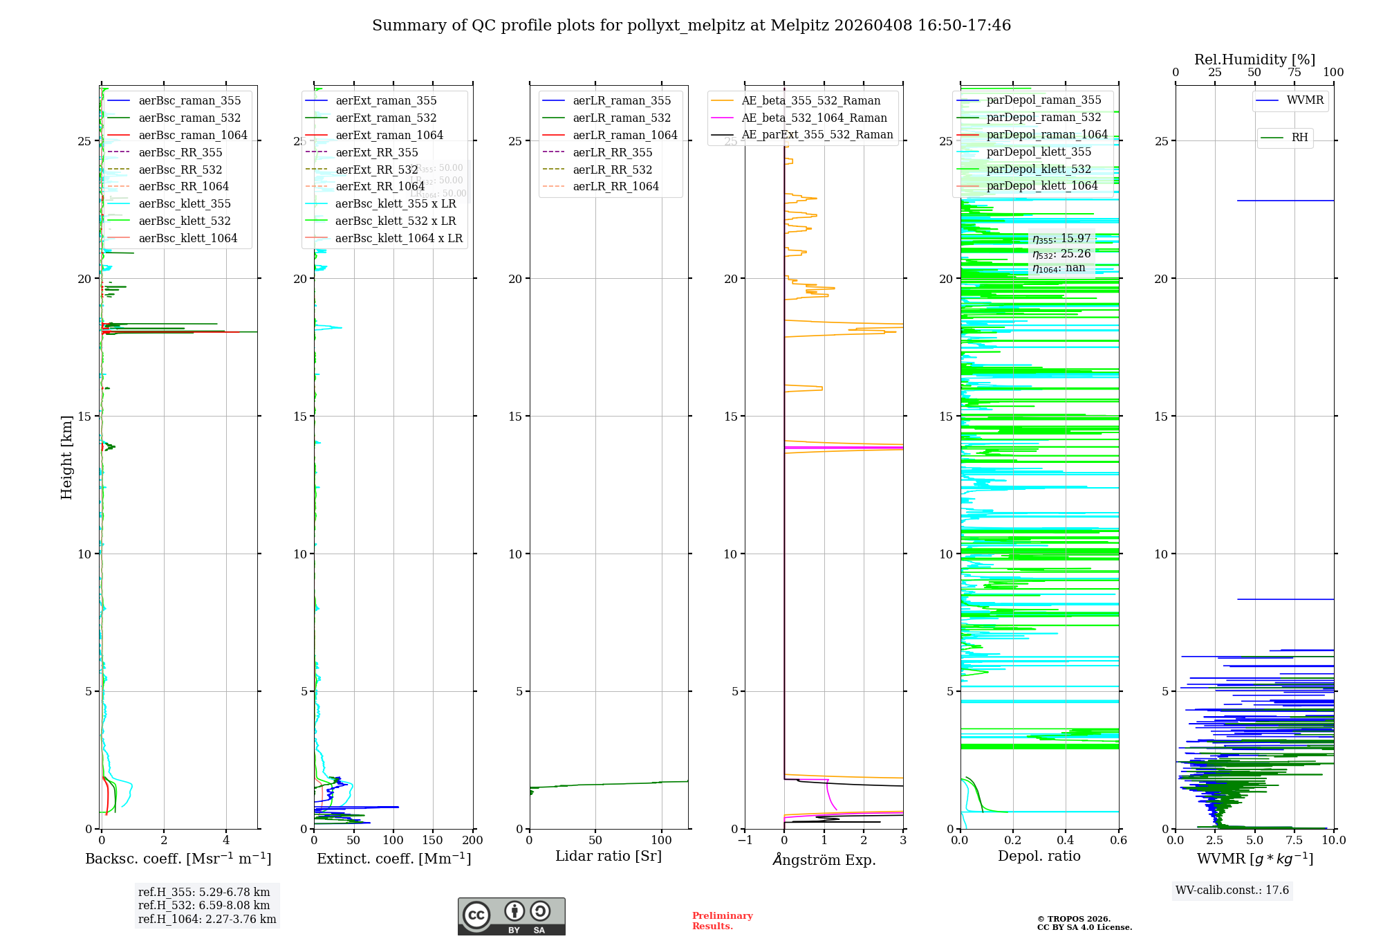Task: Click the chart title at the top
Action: (691, 26)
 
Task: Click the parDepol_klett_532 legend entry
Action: (1038, 169)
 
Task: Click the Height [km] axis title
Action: (66, 457)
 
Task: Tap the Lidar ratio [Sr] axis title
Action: (609, 856)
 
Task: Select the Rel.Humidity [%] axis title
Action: (1254, 60)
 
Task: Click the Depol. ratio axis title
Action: (1039, 856)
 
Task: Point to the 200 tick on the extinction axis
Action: (473, 841)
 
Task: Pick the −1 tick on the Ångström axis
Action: (745, 841)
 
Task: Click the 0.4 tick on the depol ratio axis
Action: (1066, 841)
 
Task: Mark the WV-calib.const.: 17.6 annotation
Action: (1232, 890)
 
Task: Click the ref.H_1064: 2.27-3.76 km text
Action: (207, 920)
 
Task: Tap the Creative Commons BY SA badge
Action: (511, 917)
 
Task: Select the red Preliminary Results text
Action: (722, 921)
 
